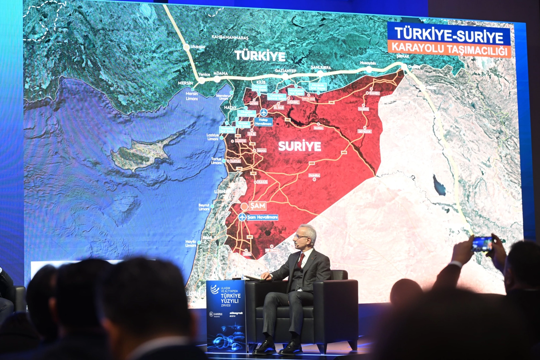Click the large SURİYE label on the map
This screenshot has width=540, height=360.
click(x=299, y=146)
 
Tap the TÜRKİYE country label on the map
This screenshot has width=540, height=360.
click(x=260, y=56)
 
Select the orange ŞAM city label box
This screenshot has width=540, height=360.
click(x=258, y=206)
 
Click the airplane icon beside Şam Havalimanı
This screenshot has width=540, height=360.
click(x=242, y=217)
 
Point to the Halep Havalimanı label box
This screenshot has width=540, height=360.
click(x=264, y=122)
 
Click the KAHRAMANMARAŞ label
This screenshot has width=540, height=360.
click(x=230, y=37)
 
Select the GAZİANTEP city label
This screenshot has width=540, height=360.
click(x=285, y=71)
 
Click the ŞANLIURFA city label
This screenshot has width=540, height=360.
click(x=320, y=68)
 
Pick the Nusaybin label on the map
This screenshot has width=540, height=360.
click(x=368, y=63)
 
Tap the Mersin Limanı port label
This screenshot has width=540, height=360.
click(x=192, y=96)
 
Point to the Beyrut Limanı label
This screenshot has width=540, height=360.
click(x=204, y=207)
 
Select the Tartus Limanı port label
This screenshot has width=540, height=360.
click(x=216, y=161)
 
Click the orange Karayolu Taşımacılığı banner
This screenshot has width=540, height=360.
click(x=449, y=49)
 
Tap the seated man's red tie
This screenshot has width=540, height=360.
click(x=301, y=258)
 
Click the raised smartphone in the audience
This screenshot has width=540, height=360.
click(x=482, y=243)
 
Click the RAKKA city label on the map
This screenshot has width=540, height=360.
click(x=318, y=128)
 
